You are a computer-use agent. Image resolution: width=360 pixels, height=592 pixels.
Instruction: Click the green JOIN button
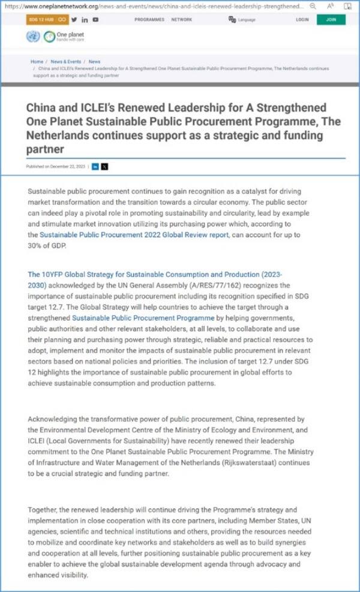coord(331,20)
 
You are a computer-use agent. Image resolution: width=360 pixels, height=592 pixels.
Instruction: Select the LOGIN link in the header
coord(302,20)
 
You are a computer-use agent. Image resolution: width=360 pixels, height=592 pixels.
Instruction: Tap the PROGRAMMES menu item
coord(149,20)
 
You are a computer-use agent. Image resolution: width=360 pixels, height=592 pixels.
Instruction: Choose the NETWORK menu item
coord(182,20)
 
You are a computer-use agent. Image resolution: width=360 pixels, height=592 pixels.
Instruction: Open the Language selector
coord(242,20)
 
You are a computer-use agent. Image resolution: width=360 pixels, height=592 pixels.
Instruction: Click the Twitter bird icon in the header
coord(74,20)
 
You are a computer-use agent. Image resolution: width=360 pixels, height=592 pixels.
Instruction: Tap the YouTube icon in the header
coord(95,20)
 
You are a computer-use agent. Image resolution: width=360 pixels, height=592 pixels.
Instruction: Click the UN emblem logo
coord(34,36)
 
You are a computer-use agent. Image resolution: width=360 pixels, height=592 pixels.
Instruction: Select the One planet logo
coord(65,36)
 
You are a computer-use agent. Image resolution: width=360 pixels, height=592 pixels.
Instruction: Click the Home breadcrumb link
coord(37,61)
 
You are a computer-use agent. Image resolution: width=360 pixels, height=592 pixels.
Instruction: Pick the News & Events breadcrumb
coord(66,61)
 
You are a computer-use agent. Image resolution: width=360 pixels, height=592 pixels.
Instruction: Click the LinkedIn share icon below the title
coord(95,166)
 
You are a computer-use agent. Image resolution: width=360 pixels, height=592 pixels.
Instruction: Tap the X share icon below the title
coord(105,166)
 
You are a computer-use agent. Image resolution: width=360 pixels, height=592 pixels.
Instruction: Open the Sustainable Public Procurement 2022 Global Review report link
coord(134,235)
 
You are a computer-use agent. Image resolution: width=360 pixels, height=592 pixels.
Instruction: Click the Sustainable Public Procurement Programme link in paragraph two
coord(143,318)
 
